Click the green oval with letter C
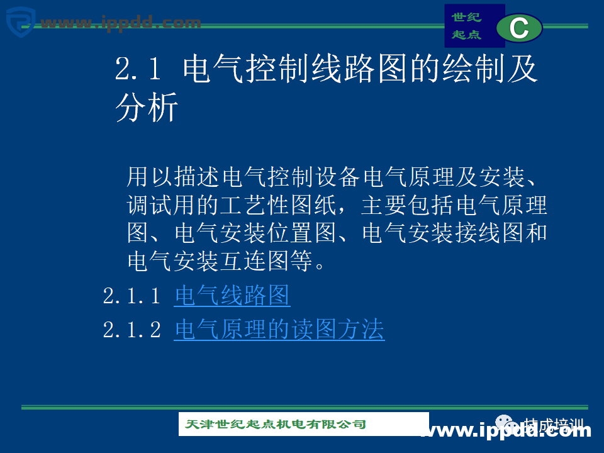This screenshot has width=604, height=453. [x=519, y=28]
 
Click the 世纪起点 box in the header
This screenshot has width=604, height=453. [x=466, y=26]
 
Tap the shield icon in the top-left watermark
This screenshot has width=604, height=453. [x=20, y=21]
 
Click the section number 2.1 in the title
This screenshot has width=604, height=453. [x=138, y=69]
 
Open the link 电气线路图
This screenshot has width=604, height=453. [x=232, y=296]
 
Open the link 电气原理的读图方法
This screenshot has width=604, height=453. [x=279, y=330]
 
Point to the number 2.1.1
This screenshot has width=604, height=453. [x=132, y=296]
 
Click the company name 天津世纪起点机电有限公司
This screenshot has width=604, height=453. [x=276, y=425]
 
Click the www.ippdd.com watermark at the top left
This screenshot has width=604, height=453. [x=120, y=23]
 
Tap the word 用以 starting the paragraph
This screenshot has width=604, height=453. [x=150, y=177]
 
